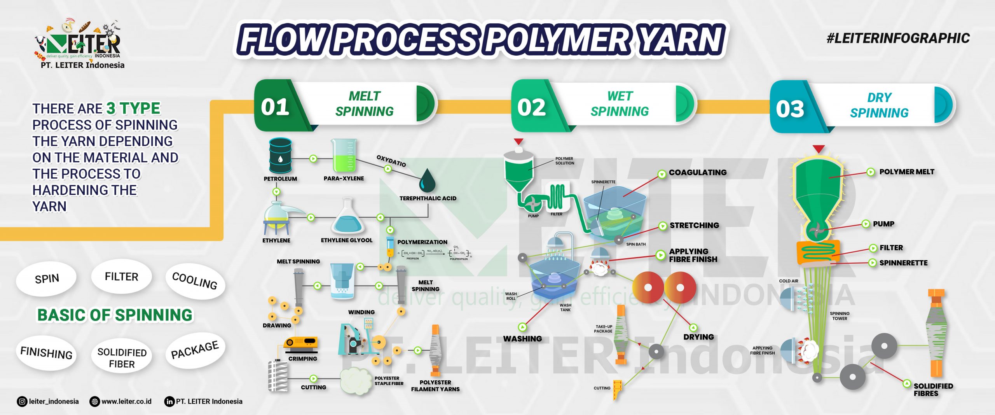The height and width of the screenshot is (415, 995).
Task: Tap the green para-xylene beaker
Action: (344, 156)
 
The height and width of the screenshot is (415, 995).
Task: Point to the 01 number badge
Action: (275, 107)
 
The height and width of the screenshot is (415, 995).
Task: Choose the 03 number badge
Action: (790, 109)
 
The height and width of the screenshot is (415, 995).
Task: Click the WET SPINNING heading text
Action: (620, 104)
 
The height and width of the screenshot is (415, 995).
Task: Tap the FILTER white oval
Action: (122, 277)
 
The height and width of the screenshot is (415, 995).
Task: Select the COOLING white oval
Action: (195, 281)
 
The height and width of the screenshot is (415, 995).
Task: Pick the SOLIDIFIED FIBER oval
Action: (122, 358)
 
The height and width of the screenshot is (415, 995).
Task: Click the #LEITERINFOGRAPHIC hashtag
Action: (898, 38)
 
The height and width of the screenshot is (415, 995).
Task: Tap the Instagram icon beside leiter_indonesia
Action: (22, 401)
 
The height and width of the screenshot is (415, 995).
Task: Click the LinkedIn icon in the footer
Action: (169, 401)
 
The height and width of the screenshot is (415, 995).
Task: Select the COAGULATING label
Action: (698, 172)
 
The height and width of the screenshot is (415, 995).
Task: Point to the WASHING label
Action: (522, 339)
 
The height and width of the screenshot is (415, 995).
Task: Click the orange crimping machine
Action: (300, 343)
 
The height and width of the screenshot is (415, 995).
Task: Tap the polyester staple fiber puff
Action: (355, 381)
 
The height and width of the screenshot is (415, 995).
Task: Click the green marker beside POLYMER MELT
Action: (871, 172)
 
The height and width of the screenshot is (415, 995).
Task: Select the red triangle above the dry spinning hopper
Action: (819, 149)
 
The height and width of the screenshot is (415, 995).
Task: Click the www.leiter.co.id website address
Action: (126, 401)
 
